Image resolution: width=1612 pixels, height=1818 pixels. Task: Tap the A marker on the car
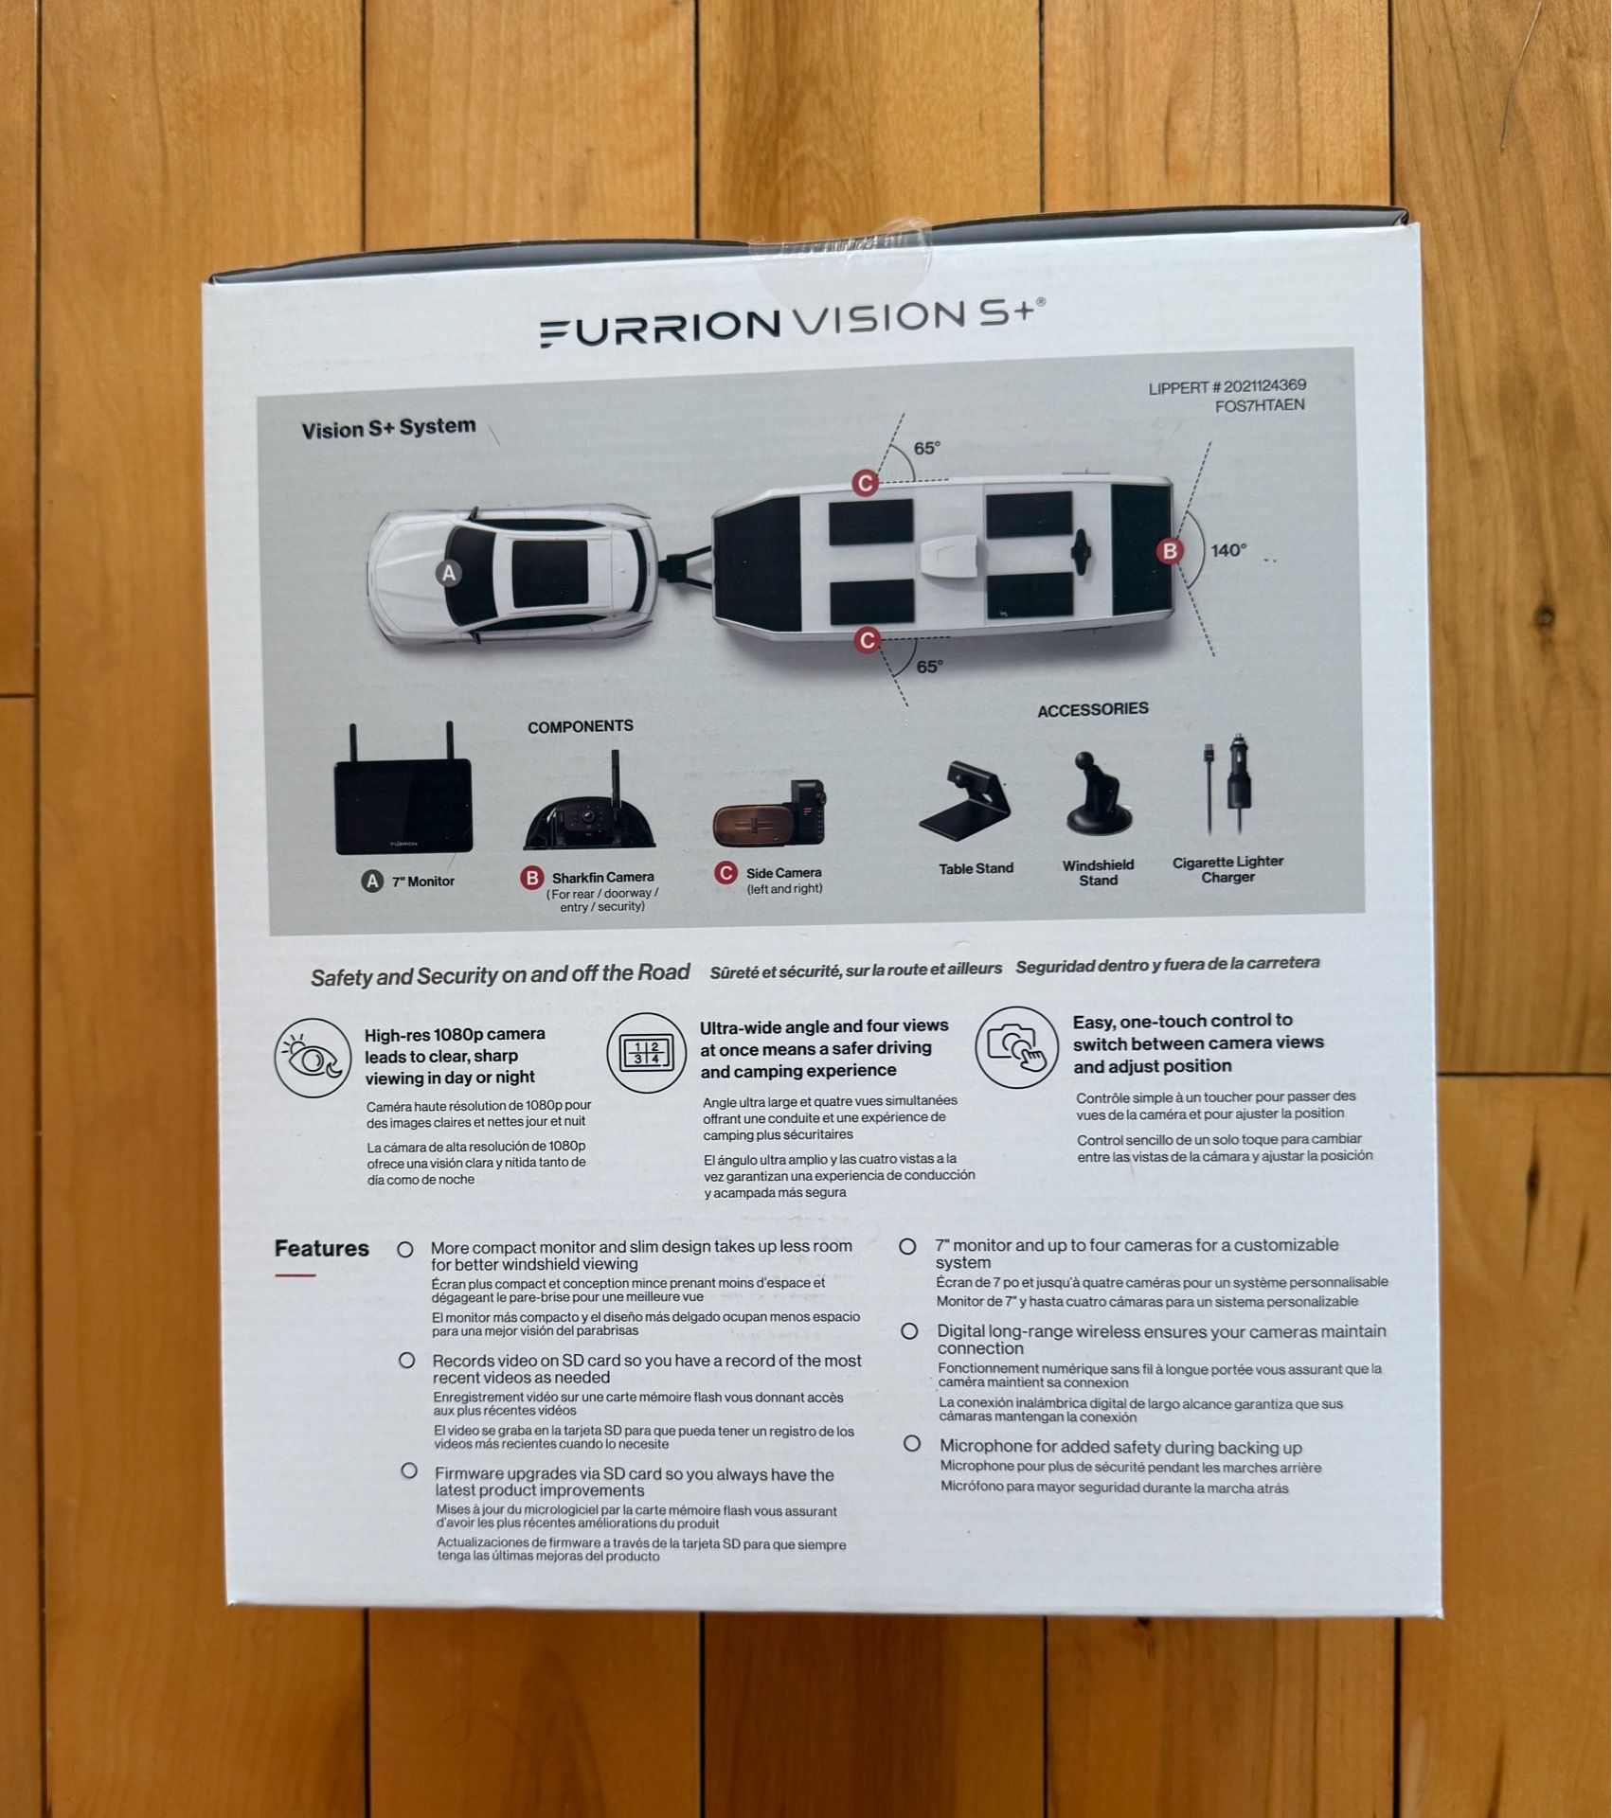[x=450, y=573]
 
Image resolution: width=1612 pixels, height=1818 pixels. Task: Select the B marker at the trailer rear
[x=1171, y=550]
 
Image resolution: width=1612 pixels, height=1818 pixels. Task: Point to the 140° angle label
[x=1228, y=550]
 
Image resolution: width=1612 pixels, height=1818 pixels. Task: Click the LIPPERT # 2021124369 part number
[x=1227, y=386]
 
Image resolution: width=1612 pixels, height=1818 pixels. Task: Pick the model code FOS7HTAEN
[x=1260, y=405]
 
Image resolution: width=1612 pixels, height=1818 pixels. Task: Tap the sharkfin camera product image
[x=589, y=803]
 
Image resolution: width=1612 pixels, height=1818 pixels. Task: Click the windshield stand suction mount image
[x=1098, y=793]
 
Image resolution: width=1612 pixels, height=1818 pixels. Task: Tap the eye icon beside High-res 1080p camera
[x=313, y=1058]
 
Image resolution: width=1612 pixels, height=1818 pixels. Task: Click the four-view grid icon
[x=646, y=1052]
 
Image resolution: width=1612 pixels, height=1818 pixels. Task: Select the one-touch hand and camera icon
[x=1017, y=1047]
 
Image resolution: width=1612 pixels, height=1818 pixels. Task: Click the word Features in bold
[x=322, y=1249]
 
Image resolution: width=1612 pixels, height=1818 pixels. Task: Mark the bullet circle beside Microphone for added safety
[x=912, y=1444]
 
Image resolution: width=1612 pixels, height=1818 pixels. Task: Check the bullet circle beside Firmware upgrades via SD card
[x=409, y=1470]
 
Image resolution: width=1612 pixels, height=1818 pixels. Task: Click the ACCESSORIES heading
[x=1093, y=710]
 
